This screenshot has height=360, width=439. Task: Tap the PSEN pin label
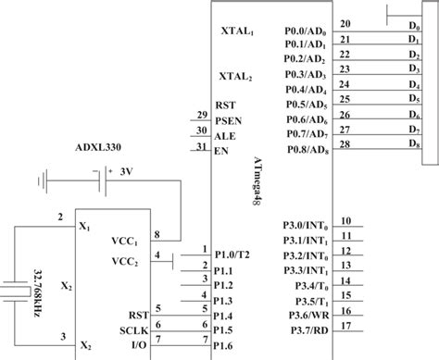pyautogui.click(x=228, y=119)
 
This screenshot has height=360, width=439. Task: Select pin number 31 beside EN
pyautogui.click(x=201, y=146)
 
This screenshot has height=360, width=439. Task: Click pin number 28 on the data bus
pyautogui.click(x=345, y=143)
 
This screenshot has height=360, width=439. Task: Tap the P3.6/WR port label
pyautogui.click(x=305, y=314)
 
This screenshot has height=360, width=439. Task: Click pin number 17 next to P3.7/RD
pyautogui.click(x=345, y=326)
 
